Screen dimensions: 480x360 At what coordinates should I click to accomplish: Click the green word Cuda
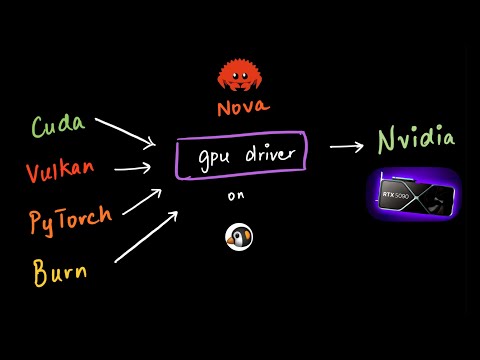59,127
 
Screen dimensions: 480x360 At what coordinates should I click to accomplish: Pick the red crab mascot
240,75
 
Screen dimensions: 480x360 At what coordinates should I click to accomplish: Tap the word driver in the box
264,155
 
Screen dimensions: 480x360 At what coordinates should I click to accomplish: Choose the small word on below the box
236,197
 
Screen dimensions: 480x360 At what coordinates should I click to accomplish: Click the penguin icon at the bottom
239,236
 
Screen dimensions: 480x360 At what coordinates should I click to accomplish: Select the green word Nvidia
416,140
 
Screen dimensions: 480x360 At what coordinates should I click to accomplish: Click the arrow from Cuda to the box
125,134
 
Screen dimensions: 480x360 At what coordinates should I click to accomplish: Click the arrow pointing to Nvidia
346,147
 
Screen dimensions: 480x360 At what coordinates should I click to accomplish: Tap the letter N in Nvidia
386,140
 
